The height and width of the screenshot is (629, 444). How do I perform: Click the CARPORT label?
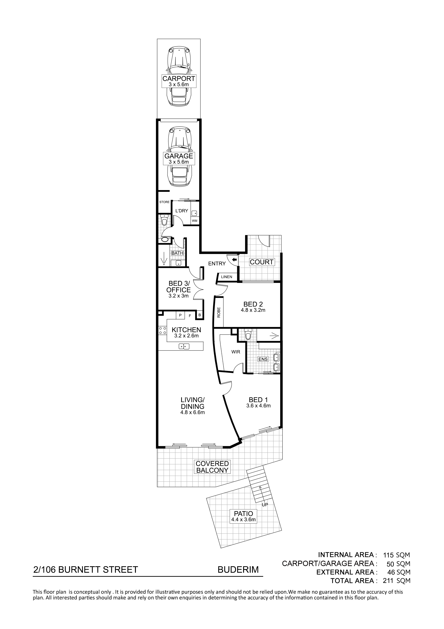179,79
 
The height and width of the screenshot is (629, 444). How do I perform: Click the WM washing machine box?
194,221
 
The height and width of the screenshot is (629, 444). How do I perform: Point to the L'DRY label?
182,211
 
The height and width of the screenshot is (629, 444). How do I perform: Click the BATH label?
177,253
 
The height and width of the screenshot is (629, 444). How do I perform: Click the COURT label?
262,262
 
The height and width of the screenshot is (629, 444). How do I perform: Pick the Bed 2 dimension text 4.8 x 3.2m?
253,310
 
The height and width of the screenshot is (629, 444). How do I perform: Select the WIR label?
236,352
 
